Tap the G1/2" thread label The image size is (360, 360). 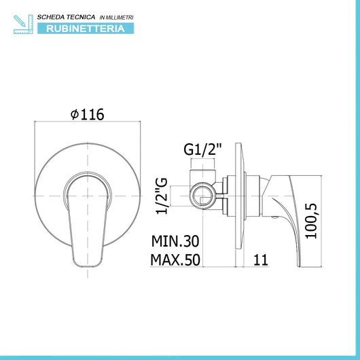203,149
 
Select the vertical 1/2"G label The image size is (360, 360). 162,196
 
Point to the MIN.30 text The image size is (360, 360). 175,241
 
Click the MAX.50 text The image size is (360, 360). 175,260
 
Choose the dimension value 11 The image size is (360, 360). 261,260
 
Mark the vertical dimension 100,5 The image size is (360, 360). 311,221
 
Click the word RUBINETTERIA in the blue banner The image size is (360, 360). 86,29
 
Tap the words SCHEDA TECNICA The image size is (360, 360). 66,17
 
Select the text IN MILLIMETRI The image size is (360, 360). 116,18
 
